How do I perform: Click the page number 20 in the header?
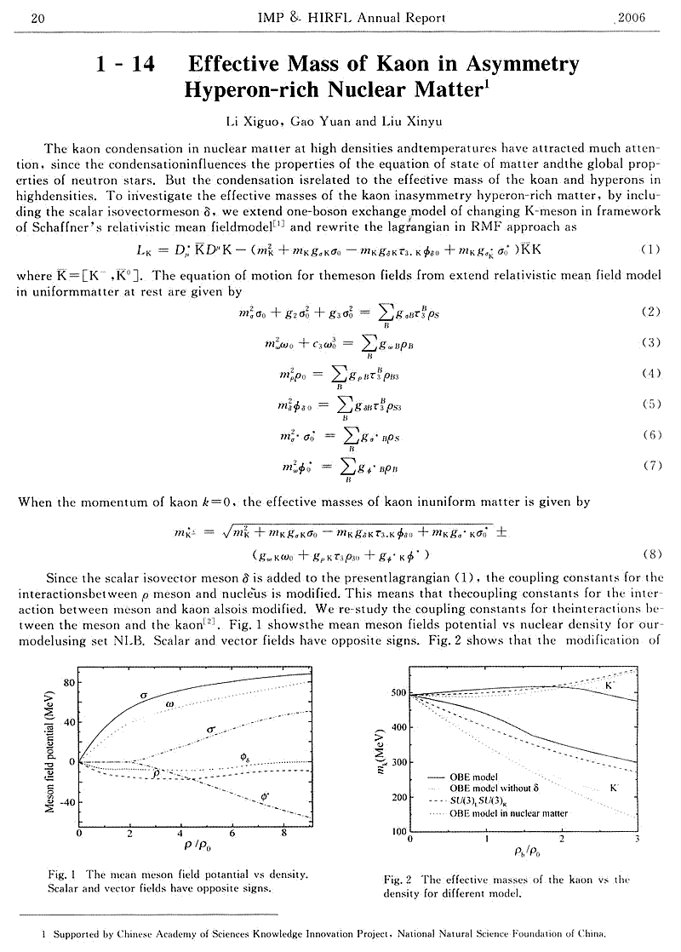25,16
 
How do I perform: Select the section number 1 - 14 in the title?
126,64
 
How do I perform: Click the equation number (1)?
649,249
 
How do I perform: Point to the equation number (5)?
649,404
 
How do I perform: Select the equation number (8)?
649,552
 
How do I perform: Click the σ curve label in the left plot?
144,697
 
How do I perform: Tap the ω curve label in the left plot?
170,704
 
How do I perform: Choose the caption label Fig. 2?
398,880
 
